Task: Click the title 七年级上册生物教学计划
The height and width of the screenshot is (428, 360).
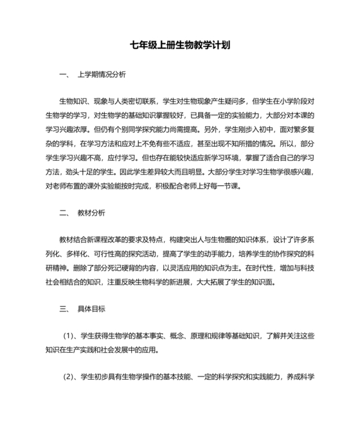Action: tap(180, 46)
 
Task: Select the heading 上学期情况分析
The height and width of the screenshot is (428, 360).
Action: tap(101, 74)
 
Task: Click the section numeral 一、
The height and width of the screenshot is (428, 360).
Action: tap(63, 74)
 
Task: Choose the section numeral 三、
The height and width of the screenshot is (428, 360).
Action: tap(63, 309)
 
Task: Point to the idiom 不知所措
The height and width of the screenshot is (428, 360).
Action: tap(242, 144)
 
